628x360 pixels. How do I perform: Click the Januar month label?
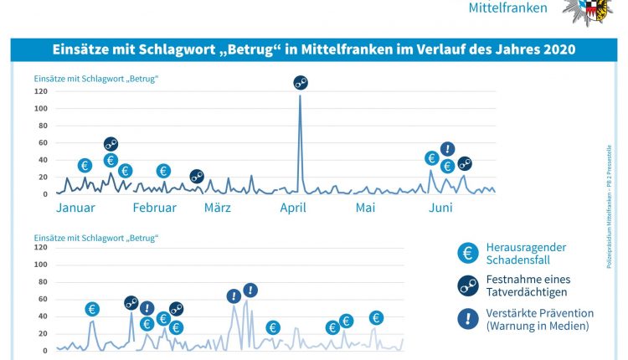tap(75, 208)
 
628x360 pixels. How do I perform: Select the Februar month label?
tap(154, 208)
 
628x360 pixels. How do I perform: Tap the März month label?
tap(218, 208)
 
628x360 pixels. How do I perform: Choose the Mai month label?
tap(365, 208)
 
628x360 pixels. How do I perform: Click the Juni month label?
tap(441, 208)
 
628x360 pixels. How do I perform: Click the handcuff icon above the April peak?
tap(301, 82)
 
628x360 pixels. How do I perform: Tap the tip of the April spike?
tap(300, 95)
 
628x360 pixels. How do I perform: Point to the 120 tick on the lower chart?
tap(41, 248)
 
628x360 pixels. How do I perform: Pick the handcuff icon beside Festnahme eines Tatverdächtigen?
tap(470, 285)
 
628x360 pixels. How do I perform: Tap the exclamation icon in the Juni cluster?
tap(447, 149)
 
